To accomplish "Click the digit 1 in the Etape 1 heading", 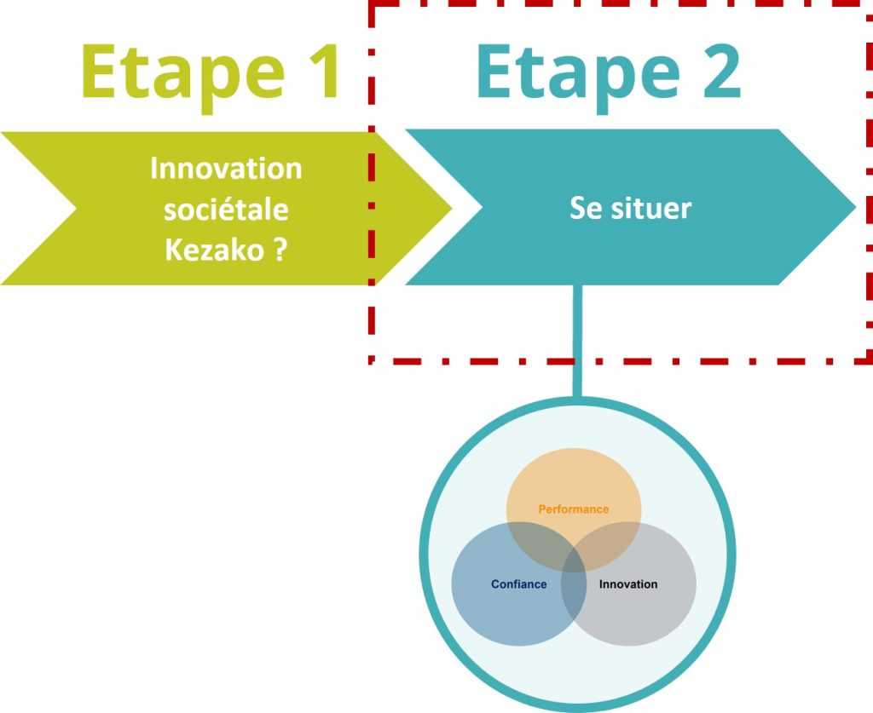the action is tap(324, 72).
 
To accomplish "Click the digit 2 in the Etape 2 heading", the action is tap(721, 72).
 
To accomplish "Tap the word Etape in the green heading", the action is tap(183, 78).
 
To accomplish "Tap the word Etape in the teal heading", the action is tap(579, 78).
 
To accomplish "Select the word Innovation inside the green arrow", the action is tap(226, 168).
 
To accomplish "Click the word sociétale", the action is tap(226, 209).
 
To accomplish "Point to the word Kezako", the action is tap(214, 250).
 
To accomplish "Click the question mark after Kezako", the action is tap(280, 250).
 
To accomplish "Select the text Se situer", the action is tap(630, 209).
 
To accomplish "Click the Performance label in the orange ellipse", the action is tap(574, 509).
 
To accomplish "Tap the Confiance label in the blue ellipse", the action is tap(519, 584).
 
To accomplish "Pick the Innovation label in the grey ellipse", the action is tap(628, 584).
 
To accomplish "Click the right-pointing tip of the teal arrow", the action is tap(854, 207).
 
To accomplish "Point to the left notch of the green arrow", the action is tap(75, 209).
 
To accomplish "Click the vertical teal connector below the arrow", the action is tap(577, 341).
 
